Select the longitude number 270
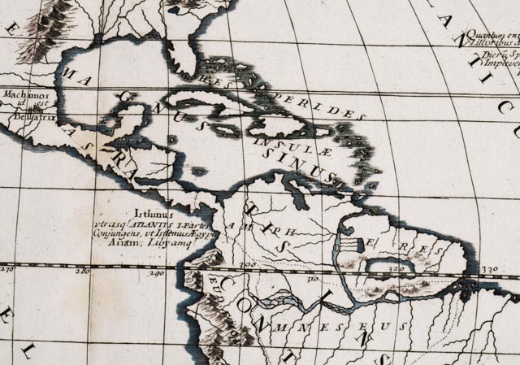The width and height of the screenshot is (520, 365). tap(7, 269)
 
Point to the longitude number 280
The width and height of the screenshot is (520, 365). tap(83, 272)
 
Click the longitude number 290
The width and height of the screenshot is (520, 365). tap(157, 274)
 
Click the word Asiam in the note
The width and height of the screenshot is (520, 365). tap(133, 243)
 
